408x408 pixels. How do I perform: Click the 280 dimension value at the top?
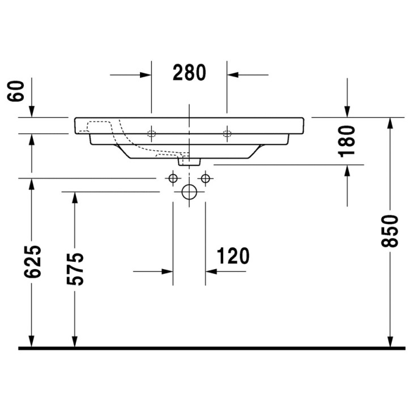pos(189,73)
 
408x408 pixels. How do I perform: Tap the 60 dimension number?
pos(16,90)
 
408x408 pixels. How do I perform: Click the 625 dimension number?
pos(33,261)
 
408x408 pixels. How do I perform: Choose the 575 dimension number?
pos(75,269)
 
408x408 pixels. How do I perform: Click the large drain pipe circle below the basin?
pos(189,193)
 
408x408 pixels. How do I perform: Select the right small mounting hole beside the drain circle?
pos(205,179)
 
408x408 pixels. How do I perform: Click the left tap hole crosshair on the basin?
pos(151,134)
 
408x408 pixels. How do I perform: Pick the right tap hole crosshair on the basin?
pos(227,134)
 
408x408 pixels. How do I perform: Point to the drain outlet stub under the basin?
pos(189,161)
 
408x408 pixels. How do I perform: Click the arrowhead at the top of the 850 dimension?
pos(389,123)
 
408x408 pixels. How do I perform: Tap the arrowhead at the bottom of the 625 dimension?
pos(32,341)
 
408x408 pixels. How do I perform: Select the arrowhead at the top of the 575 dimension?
pos(73,197)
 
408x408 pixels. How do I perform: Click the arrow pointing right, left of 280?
pos(145,74)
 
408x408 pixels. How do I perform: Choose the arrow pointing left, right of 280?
pos(233,74)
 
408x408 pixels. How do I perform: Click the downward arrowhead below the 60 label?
pos(32,112)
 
